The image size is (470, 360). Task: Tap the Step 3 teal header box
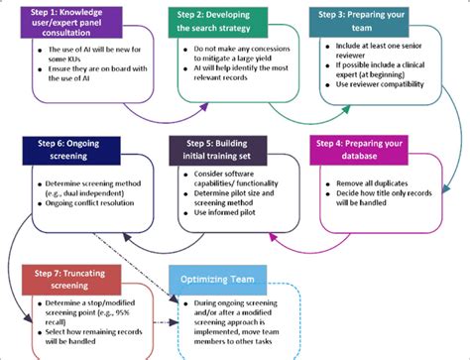pyautogui.click(x=367, y=22)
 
